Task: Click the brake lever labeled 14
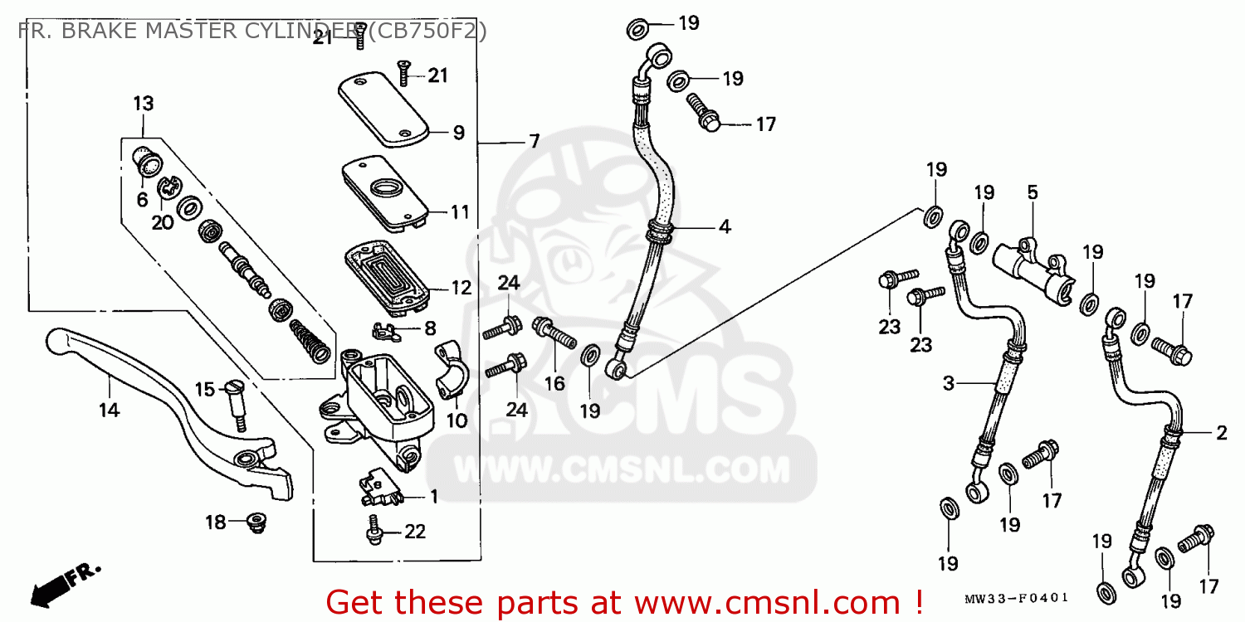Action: (167, 411)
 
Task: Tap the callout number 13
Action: (144, 104)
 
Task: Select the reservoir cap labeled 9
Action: (383, 109)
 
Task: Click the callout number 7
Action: (535, 142)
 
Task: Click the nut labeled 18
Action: (256, 522)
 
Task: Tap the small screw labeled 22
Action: (374, 529)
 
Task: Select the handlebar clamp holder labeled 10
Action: (452, 371)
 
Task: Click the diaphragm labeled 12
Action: (388, 276)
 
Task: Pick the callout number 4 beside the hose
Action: (725, 226)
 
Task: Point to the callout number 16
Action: (554, 383)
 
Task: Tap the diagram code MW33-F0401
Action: (1017, 598)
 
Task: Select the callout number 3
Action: (949, 383)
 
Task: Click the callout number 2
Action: (1222, 433)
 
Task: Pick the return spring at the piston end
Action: (310, 342)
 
